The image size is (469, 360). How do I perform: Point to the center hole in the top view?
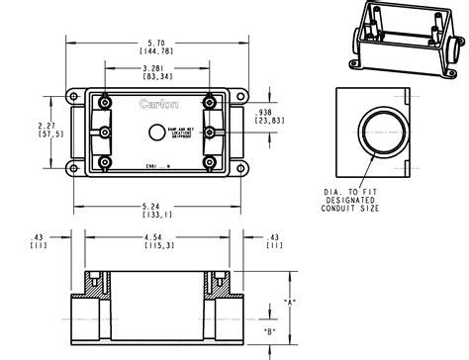pyautogui.click(x=155, y=133)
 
